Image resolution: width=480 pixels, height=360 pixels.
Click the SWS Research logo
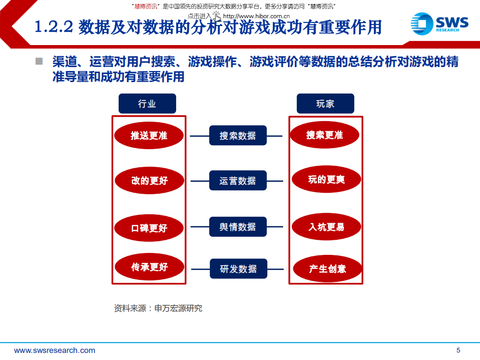coord(439,24)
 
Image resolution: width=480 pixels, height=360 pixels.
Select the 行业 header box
coord(147,104)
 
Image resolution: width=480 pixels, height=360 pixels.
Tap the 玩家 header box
coord(325,104)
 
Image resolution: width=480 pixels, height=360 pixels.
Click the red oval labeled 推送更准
coord(149,135)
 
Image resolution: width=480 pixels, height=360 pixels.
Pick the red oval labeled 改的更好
coord(149,180)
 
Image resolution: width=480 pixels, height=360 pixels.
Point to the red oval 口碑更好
coord(149,228)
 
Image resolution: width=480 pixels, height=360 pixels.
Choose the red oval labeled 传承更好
coord(149,267)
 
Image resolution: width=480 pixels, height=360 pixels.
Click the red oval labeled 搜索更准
coord(325,135)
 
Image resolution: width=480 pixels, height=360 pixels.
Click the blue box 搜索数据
coord(238,135)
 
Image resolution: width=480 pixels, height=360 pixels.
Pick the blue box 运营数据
coord(238,180)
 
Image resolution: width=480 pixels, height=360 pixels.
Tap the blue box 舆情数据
coord(238,227)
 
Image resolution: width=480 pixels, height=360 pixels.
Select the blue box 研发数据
coord(238,269)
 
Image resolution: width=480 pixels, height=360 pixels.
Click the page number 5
coord(458,350)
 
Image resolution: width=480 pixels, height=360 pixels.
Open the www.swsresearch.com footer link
coord(55,350)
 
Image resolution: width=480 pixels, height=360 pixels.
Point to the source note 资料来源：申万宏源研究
coord(158,308)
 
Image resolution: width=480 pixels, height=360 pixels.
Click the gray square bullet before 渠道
coord(39,62)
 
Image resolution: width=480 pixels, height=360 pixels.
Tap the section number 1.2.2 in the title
coord(54,27)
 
